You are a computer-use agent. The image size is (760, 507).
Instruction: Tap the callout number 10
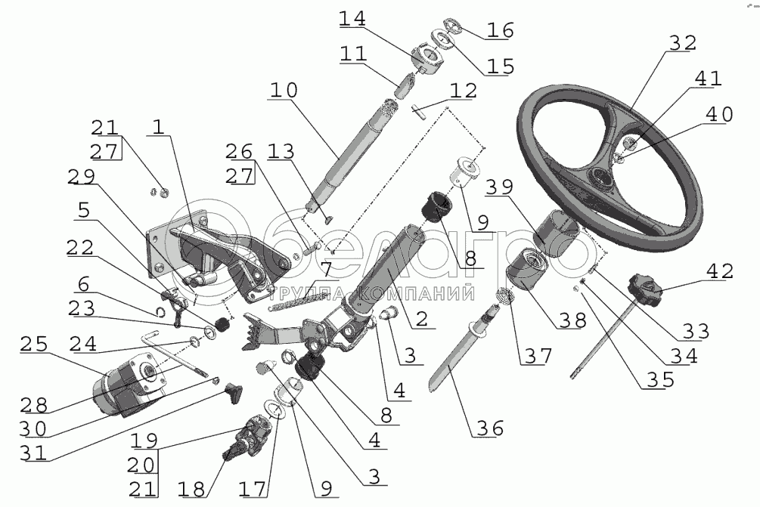click(x=282, y=91)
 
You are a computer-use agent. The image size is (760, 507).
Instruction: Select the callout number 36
click(x=489, y=428)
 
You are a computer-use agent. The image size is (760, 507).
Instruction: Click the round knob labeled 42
click(x=643, y=289)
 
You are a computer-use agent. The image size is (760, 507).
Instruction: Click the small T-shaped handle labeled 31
click(x=235, y=391)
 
